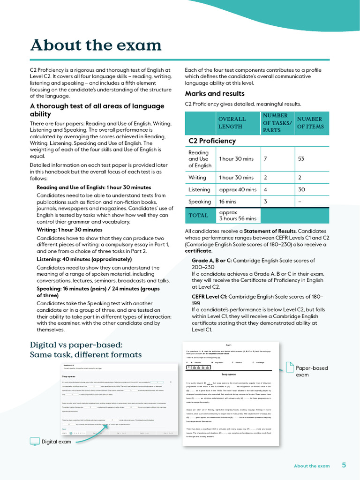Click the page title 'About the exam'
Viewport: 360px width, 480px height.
pos(96,45)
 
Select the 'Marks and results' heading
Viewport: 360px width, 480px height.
pos(215,93)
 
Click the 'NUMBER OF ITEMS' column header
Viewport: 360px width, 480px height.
pos(310,123)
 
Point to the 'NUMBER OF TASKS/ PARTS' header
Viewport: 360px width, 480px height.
pos(277,123)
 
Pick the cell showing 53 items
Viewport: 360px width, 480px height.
pos(301,159)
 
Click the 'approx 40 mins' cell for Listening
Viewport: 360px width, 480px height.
pos(238,190)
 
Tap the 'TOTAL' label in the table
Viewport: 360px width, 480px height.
pos(198,216)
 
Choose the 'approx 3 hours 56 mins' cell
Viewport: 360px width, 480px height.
pos(238,216)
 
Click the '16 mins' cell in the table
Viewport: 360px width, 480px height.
pos(228,202)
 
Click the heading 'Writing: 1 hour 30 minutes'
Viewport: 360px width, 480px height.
pos(69,230)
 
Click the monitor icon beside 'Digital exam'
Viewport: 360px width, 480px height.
pos(35,442)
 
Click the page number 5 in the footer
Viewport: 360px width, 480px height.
pos(344,465)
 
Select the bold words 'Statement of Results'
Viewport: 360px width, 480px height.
pos(270,231)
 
